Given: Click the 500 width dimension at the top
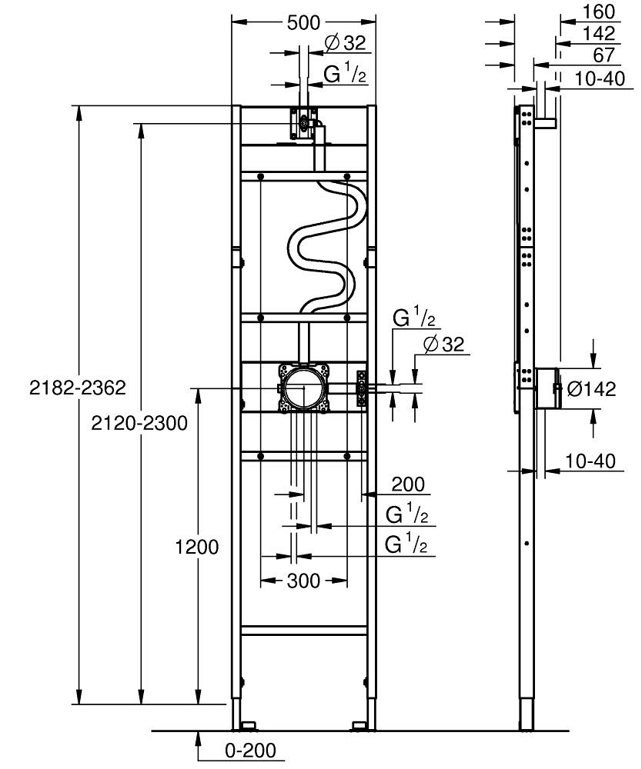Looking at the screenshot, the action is coord(303,22).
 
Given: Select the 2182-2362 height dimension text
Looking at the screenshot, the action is coord(78,388).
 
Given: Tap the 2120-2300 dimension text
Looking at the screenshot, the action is coord(139,423).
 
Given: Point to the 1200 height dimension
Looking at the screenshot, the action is coord(197,546).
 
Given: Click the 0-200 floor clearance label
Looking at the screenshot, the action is coord(250,750).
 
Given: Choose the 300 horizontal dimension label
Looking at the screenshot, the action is coord(303,581).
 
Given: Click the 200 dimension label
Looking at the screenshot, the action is coord(408,484).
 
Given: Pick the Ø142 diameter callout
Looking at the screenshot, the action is coord(591,389).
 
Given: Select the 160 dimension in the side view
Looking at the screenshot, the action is coord(599,12).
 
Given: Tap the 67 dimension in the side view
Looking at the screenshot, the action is coord(604,55).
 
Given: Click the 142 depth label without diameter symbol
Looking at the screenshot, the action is coord(599,33).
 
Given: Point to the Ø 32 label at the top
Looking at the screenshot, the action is coord(346,43).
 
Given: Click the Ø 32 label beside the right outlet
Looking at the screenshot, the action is coord(443,345).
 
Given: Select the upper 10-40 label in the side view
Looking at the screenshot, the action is coord(600,78).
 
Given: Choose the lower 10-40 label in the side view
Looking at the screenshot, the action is coord(590,461).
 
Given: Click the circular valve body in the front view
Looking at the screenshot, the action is coord(304,388).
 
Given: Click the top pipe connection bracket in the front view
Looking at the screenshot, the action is coord(302,122).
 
